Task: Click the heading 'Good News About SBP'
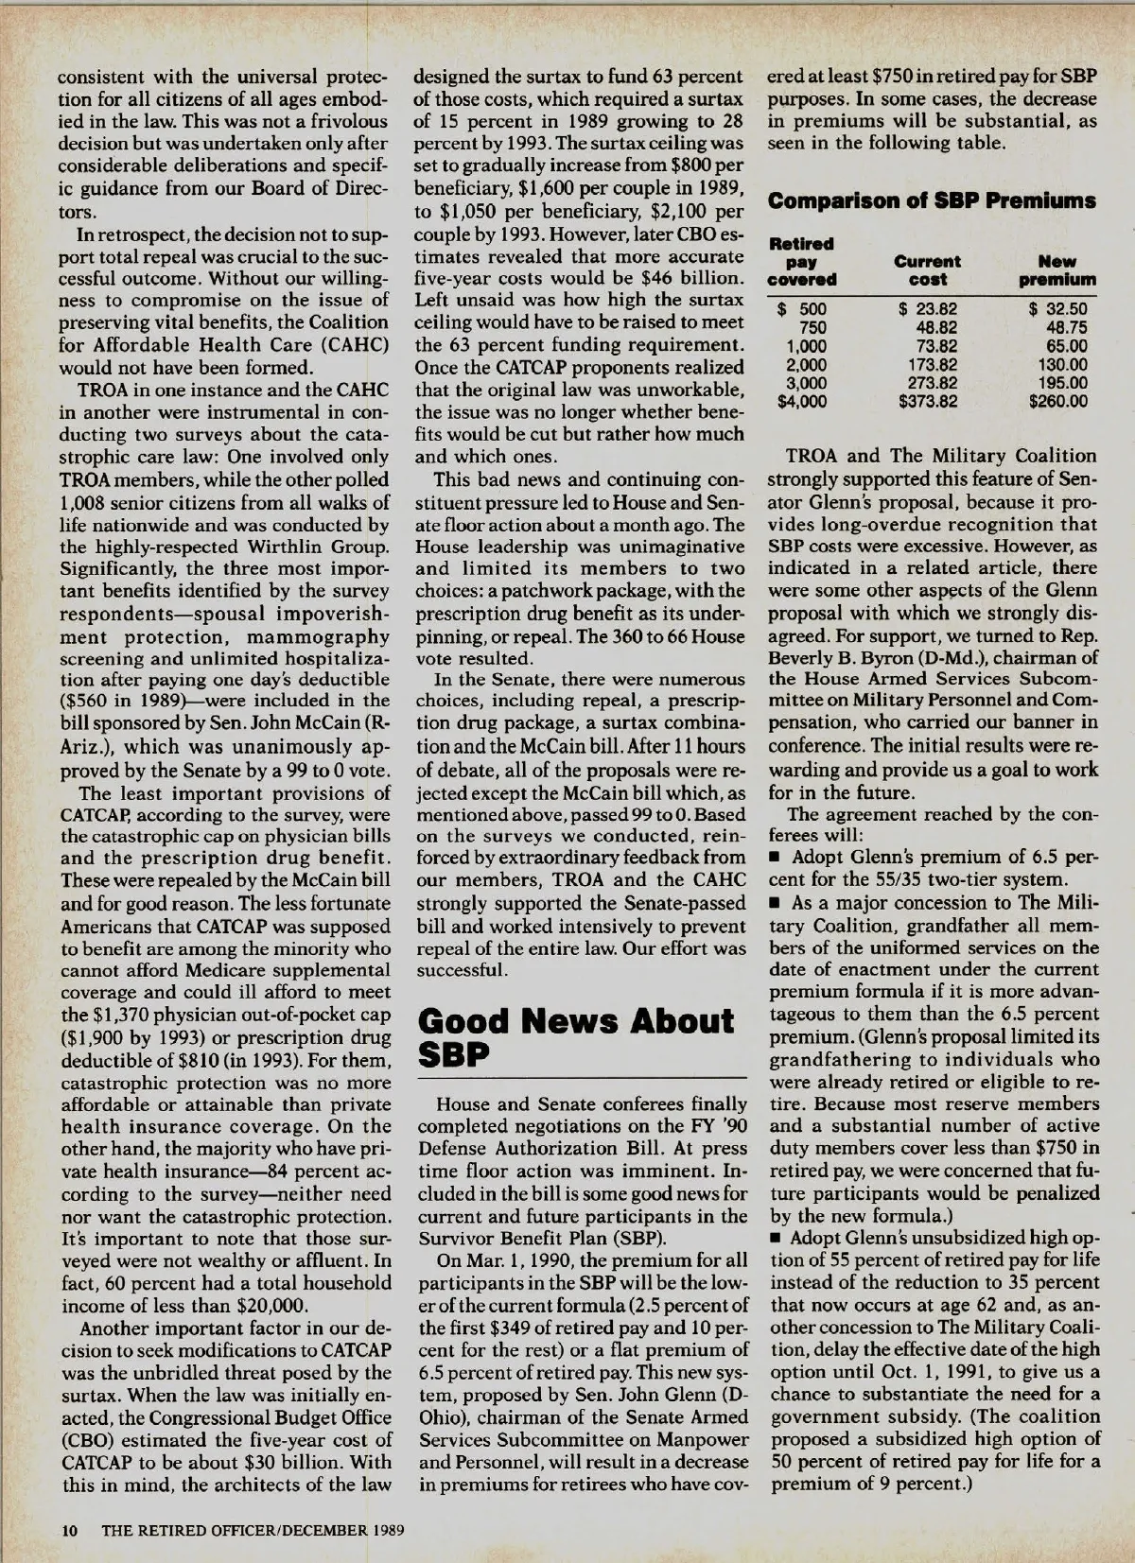click(575, 1036)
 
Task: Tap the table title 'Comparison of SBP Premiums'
click(932, 200)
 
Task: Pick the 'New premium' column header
click(1057, 269)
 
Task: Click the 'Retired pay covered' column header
click(802, 261)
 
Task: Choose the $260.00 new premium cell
click(1057, 401)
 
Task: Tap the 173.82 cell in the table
click(931, 364)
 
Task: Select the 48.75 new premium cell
click(1064, 327)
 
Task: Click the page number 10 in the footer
click(69, 1530)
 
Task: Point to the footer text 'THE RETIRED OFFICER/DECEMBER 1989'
click(253, 1530)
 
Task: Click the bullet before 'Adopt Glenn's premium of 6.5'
click(776, 859)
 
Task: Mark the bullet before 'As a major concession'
click(776, 904)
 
